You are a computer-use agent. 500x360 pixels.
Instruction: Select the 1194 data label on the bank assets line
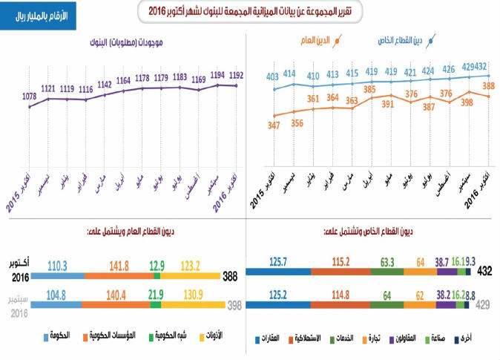(x=217, y=75)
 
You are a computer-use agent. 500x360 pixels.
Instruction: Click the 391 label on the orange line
(x=387, y=105)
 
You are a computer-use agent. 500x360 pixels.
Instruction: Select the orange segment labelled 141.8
(x=118, y=275)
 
